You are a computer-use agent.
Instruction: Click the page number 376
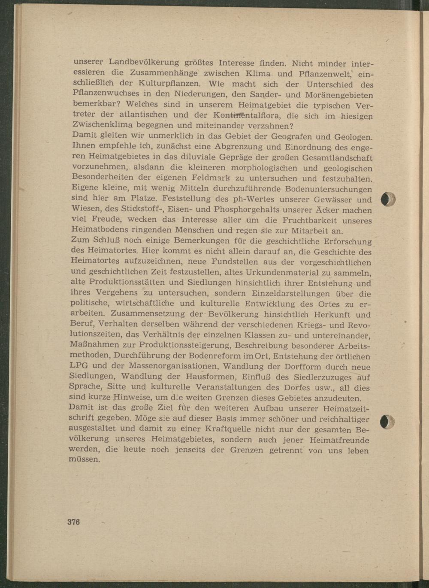73,522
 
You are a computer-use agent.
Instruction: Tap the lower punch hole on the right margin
387,422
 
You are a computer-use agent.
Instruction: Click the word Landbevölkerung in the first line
143,63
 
